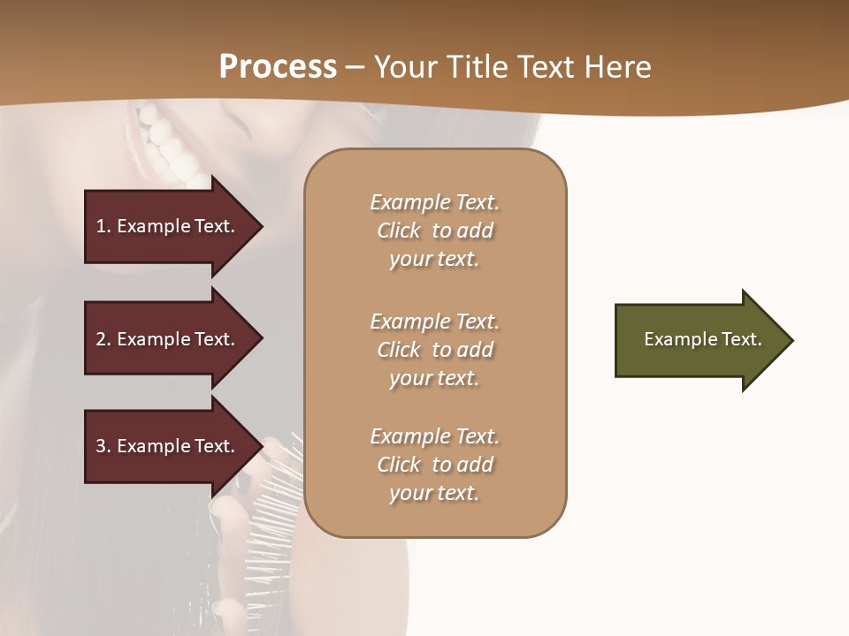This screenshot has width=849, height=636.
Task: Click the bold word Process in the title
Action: click(278, 66)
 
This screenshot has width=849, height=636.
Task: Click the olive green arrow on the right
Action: click(690, 340)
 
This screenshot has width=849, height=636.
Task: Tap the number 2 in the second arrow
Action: click(101, 339)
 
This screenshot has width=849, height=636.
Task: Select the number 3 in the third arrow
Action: click(101, 446)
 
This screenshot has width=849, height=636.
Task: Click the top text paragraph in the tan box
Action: click(434, 231)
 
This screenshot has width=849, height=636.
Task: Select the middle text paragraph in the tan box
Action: click(434, 350)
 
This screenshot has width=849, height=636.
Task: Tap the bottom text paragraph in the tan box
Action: click(434, 465)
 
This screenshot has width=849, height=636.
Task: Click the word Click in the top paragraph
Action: click(399, 231)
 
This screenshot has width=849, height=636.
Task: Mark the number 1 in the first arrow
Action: click(100, 226)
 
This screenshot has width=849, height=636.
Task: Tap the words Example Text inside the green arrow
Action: click(703, 339)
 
